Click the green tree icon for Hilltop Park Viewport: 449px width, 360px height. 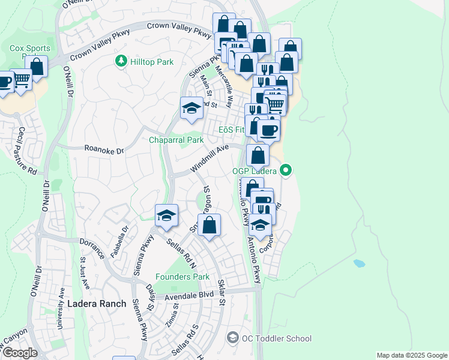pyautogui.click(x=121, y=61)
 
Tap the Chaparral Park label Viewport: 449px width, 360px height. pyautogui.click(x=176, y=140)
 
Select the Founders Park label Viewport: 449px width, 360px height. pyautogui.click(x=182, y=277)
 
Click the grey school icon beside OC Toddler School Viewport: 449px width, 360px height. pyautogui.click(x=232, y=338)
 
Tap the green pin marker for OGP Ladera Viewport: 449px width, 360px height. pyautogui.click(x=286, y=171)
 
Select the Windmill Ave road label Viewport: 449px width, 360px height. pyautogui.click(x=210, y=158)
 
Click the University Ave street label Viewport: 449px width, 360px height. pyautogui.click(x=60, y=307)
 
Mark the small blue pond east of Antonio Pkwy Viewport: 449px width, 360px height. pyautogui.click(x=359, y=263)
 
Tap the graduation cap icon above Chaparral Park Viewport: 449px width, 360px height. pyautogui.click(x=191, y=108)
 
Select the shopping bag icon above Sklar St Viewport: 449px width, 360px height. pyautogui.click(x=209, y=226)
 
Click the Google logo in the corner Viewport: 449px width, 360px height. pyautogui.click(x=19, y=353)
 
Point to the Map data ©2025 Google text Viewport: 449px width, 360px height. pyautogui.click(x=411, y=355)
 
